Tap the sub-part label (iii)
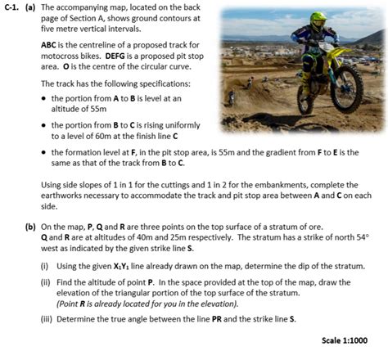click(47, 317)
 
